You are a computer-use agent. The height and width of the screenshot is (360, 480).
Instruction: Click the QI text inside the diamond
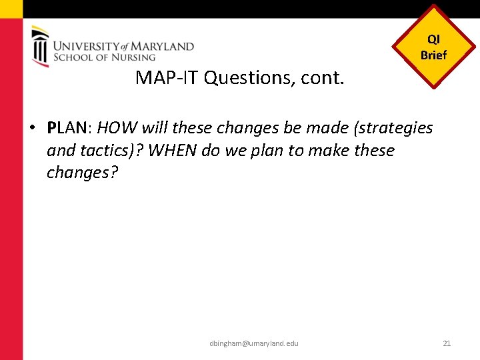point(433,40)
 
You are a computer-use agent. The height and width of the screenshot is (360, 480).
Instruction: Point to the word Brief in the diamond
point(433,55)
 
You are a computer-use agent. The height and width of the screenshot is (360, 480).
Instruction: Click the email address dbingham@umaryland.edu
point(253,343)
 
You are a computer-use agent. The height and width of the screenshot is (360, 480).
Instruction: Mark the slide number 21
point(447,343)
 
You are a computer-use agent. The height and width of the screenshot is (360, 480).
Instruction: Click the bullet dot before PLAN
point(33,128)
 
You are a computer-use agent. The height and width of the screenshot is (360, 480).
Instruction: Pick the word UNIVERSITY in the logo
point(85,47)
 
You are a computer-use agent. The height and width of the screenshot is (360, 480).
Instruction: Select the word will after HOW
point(155,127)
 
